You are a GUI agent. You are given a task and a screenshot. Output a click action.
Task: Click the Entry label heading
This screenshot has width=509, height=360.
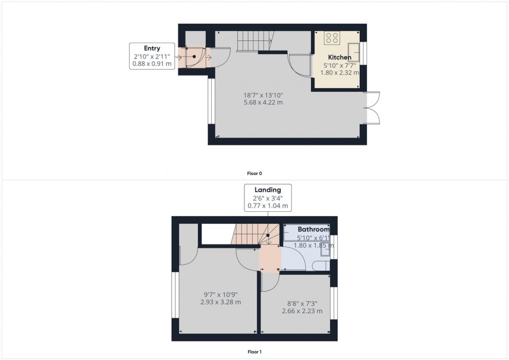152,48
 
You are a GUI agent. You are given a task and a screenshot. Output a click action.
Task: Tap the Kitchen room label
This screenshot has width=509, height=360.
340,58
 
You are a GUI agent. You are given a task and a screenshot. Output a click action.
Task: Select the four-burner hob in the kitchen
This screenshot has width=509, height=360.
332,39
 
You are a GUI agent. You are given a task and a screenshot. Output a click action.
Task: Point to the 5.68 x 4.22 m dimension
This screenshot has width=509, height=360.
263,102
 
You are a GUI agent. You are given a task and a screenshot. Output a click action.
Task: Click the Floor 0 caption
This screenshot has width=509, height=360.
254,174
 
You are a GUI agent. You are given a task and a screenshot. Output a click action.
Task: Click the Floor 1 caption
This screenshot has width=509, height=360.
254,352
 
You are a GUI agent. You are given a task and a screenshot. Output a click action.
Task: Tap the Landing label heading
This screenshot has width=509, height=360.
268,190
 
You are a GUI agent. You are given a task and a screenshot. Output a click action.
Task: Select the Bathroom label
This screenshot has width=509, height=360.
313,229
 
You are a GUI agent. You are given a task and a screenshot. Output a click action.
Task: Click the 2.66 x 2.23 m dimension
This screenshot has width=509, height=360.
302,311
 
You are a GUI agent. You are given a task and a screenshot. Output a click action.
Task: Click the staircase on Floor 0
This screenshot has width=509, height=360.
254,41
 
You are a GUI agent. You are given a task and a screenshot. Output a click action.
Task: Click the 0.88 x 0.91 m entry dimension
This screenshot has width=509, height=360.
152,64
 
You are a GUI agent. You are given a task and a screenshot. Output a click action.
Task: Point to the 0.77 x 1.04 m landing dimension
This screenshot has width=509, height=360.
268,206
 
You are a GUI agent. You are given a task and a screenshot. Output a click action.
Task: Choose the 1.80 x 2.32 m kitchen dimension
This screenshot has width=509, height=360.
340,73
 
